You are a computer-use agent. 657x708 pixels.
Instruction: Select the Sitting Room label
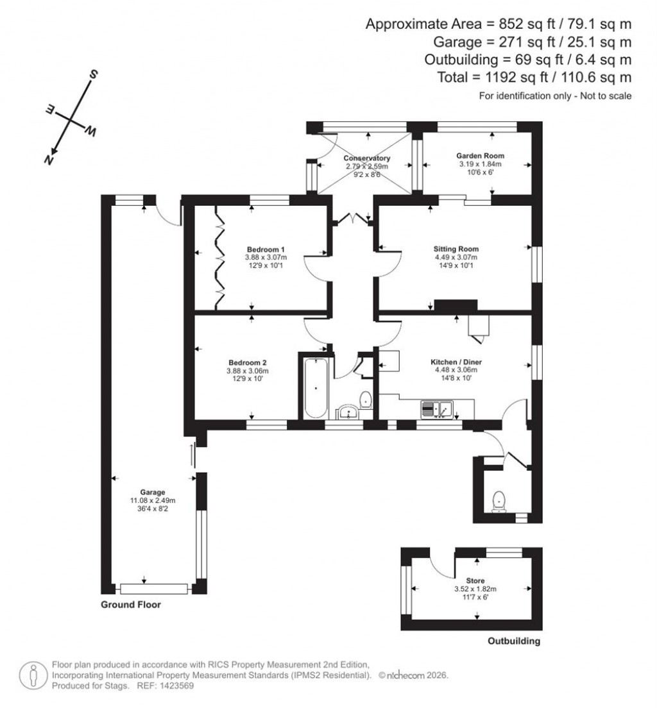pyautogui.click(x=456, y=249)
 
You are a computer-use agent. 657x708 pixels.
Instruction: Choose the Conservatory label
pyautogui.click(x=366, y=158)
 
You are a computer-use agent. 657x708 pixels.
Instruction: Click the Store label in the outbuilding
pyautogui.click(x=477, y=580)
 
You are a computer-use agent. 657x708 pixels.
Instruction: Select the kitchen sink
pyautogui.click(x=436, y=408)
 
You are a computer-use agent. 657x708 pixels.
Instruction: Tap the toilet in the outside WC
pyautogui.click(x=499, y=500)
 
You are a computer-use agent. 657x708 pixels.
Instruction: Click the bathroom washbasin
pyautogui.click(x=348, y=411)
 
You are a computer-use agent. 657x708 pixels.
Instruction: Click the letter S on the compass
pyautogui.click(x=94, y=75)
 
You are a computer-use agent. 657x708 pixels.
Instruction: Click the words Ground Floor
pyautogui.click(x=131, y=605)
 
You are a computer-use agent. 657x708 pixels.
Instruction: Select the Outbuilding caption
pyautogui.click(x=514, y=641)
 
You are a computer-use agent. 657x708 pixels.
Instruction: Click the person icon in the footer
pyautogui.click(x=30, y=675)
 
